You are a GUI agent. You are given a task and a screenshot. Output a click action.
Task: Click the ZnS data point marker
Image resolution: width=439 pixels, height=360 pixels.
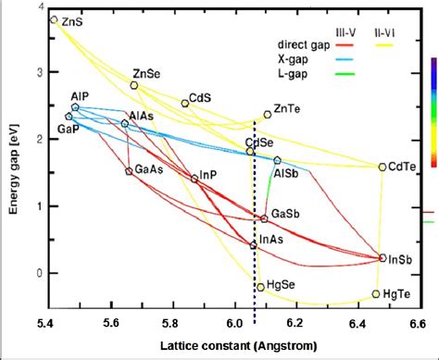click(x=54, y=19)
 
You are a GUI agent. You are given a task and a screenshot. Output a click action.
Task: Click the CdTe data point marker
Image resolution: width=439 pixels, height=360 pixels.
click(x=383, y=168)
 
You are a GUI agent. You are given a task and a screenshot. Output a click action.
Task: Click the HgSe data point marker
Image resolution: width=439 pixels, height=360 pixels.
click(x=261, y=287)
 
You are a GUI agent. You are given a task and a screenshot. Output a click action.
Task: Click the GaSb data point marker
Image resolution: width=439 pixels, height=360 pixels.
click(x=264, y=218)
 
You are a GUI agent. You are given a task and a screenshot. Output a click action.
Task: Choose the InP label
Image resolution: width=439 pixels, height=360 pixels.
click(x=208, y=174)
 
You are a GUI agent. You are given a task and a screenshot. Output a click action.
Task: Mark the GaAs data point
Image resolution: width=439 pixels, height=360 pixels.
click(x=130, y=171)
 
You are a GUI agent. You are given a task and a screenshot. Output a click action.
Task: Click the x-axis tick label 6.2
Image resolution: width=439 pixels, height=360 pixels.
click(x=296, y=324)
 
